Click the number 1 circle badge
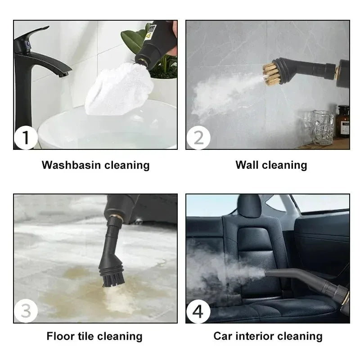coord(25,138)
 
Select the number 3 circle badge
coord(25,311)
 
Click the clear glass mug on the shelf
coord(323,127)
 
